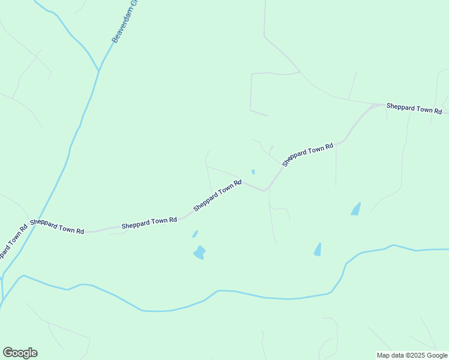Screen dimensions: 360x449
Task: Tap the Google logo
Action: [20, 353]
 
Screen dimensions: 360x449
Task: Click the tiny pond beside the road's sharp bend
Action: [253, 172]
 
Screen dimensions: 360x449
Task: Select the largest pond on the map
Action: [199, 253]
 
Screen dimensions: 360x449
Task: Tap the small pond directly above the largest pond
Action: [194, 234]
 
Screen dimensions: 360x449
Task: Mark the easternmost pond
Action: [356, 209]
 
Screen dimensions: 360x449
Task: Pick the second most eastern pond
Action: [318, 250]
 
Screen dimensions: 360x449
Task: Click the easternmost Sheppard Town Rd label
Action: [414, 108]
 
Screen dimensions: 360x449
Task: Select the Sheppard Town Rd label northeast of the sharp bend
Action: [307, 154]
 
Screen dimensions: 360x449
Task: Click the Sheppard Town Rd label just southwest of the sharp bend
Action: [217, 196]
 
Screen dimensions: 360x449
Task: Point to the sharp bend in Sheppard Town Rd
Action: [265, 190]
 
